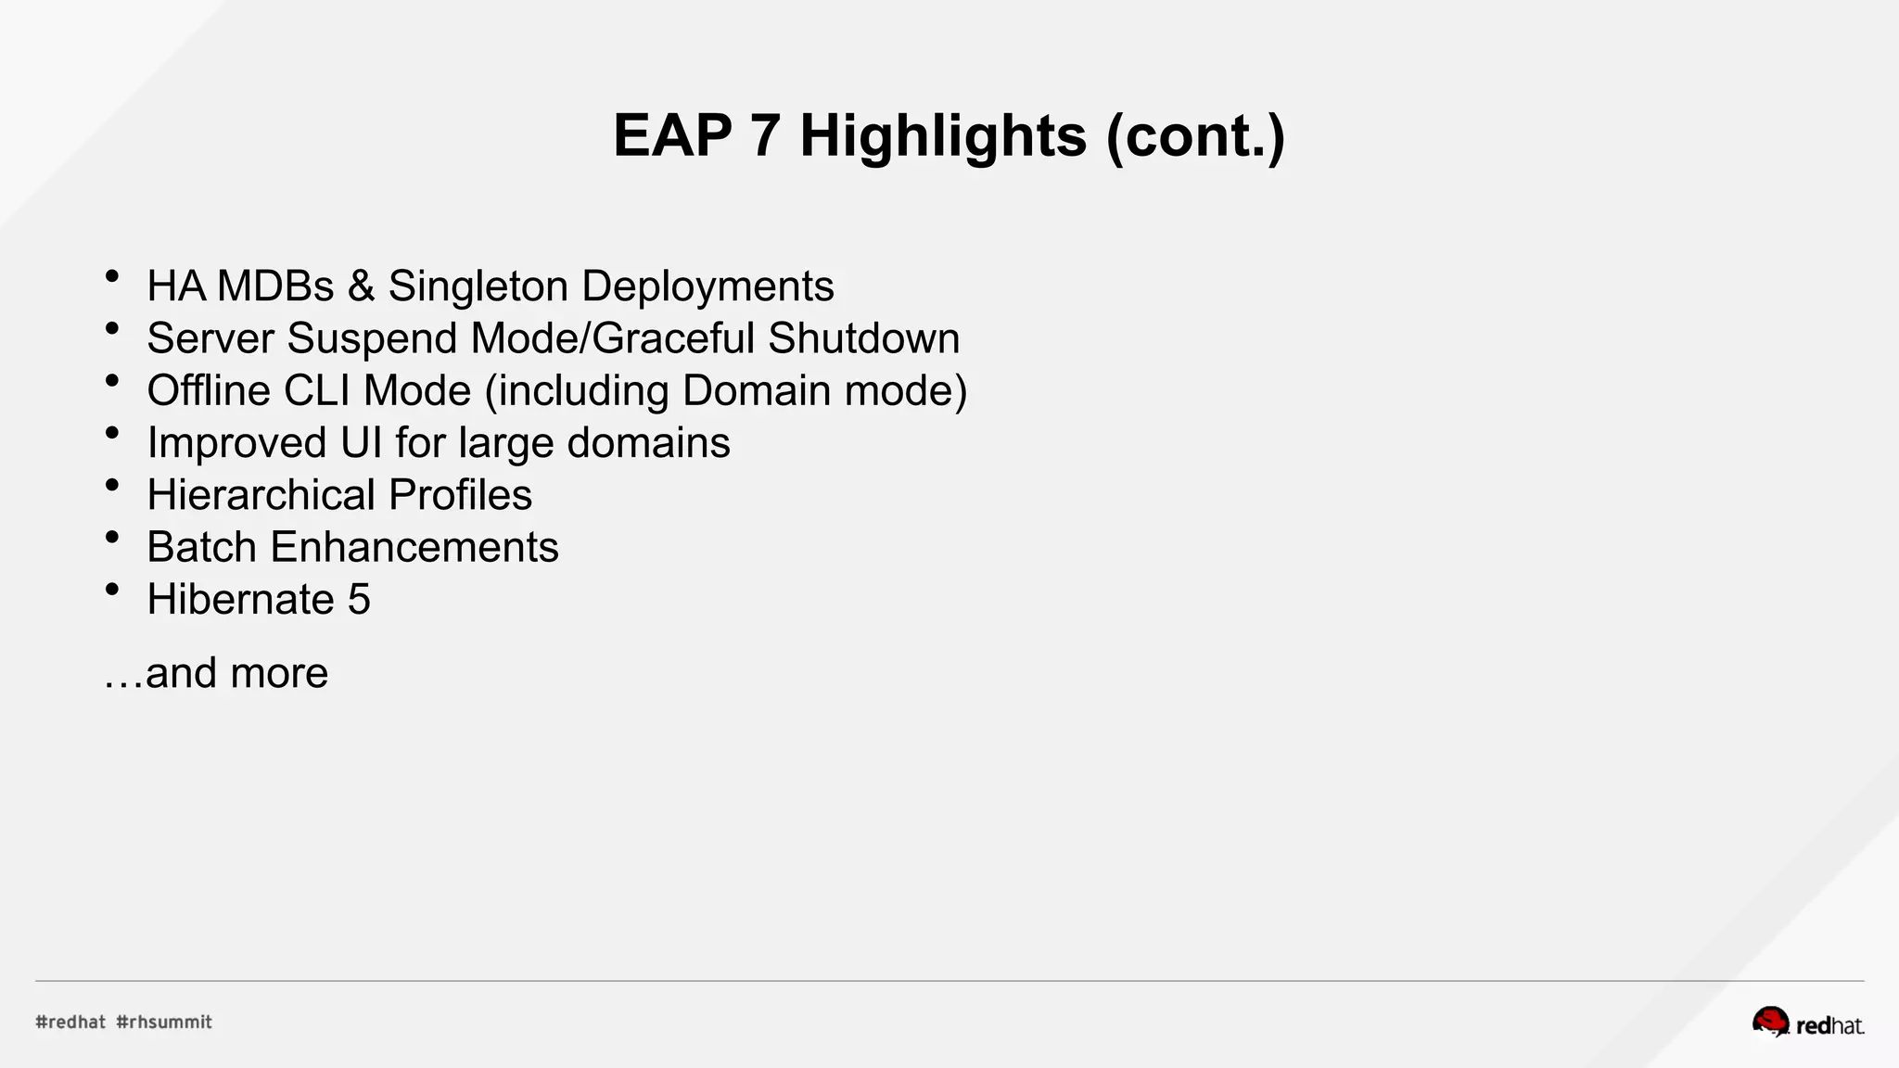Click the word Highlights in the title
pos(942,136)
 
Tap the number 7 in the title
pos(765,136)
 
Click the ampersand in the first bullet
pos(361,286)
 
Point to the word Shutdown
pos(863,338)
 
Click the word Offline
pos(209,390)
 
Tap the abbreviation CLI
pos(317,390)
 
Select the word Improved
pos(236,443)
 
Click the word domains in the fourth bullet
pos(648,443)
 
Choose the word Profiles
pos(460,495)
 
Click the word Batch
pos(201,547)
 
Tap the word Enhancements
pos(414,547)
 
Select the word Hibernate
pos(240,600)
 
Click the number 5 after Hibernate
pos(359,600)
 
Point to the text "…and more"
pos(216,673)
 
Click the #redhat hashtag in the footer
pos(70,1022)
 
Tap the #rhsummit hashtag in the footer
pos(164,1022)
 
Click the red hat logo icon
pos(1770,1022)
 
